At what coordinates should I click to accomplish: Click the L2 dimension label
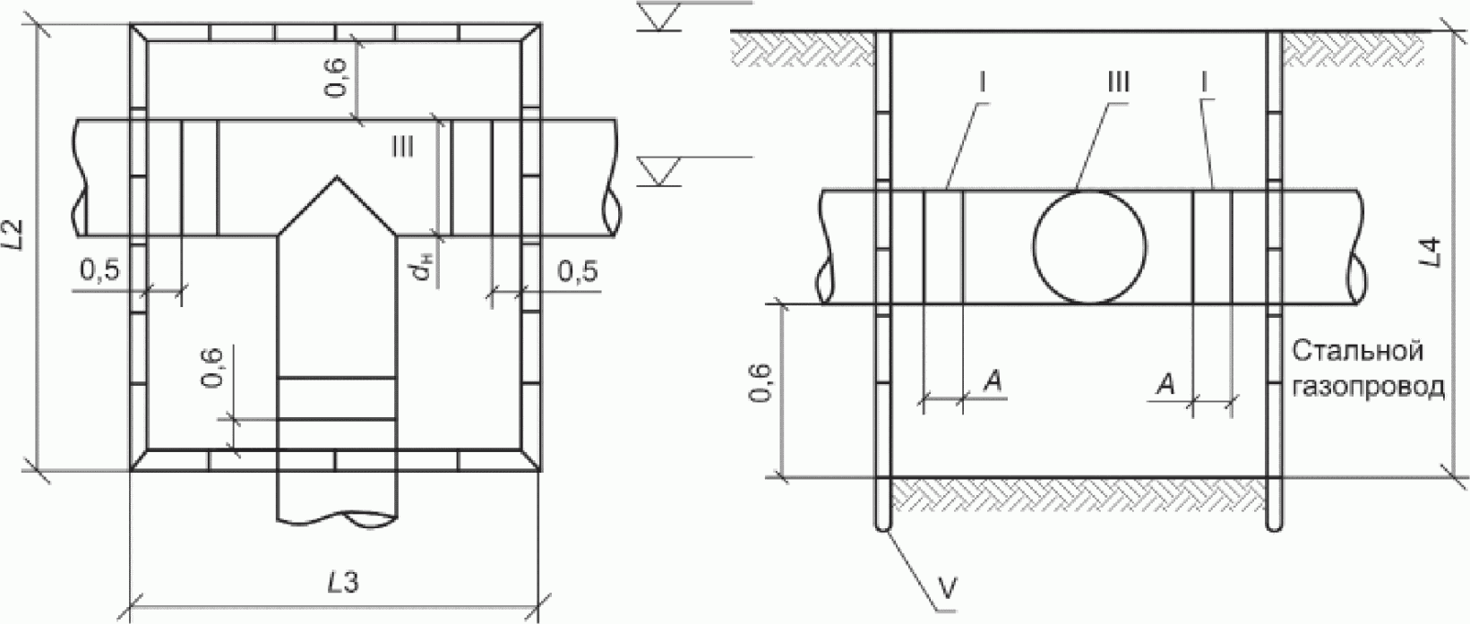(x=15, y=234)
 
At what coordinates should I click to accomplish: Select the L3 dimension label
(x=342, y=583)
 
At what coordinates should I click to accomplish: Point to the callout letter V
(x=948, y=588)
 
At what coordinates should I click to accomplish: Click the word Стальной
(x=1358, y=352)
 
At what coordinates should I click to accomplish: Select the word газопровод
(x=1368, y=388)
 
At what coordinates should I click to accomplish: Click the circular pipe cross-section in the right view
(x=1090, y=246)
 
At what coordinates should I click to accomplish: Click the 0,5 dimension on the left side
(x=101, y=270)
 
